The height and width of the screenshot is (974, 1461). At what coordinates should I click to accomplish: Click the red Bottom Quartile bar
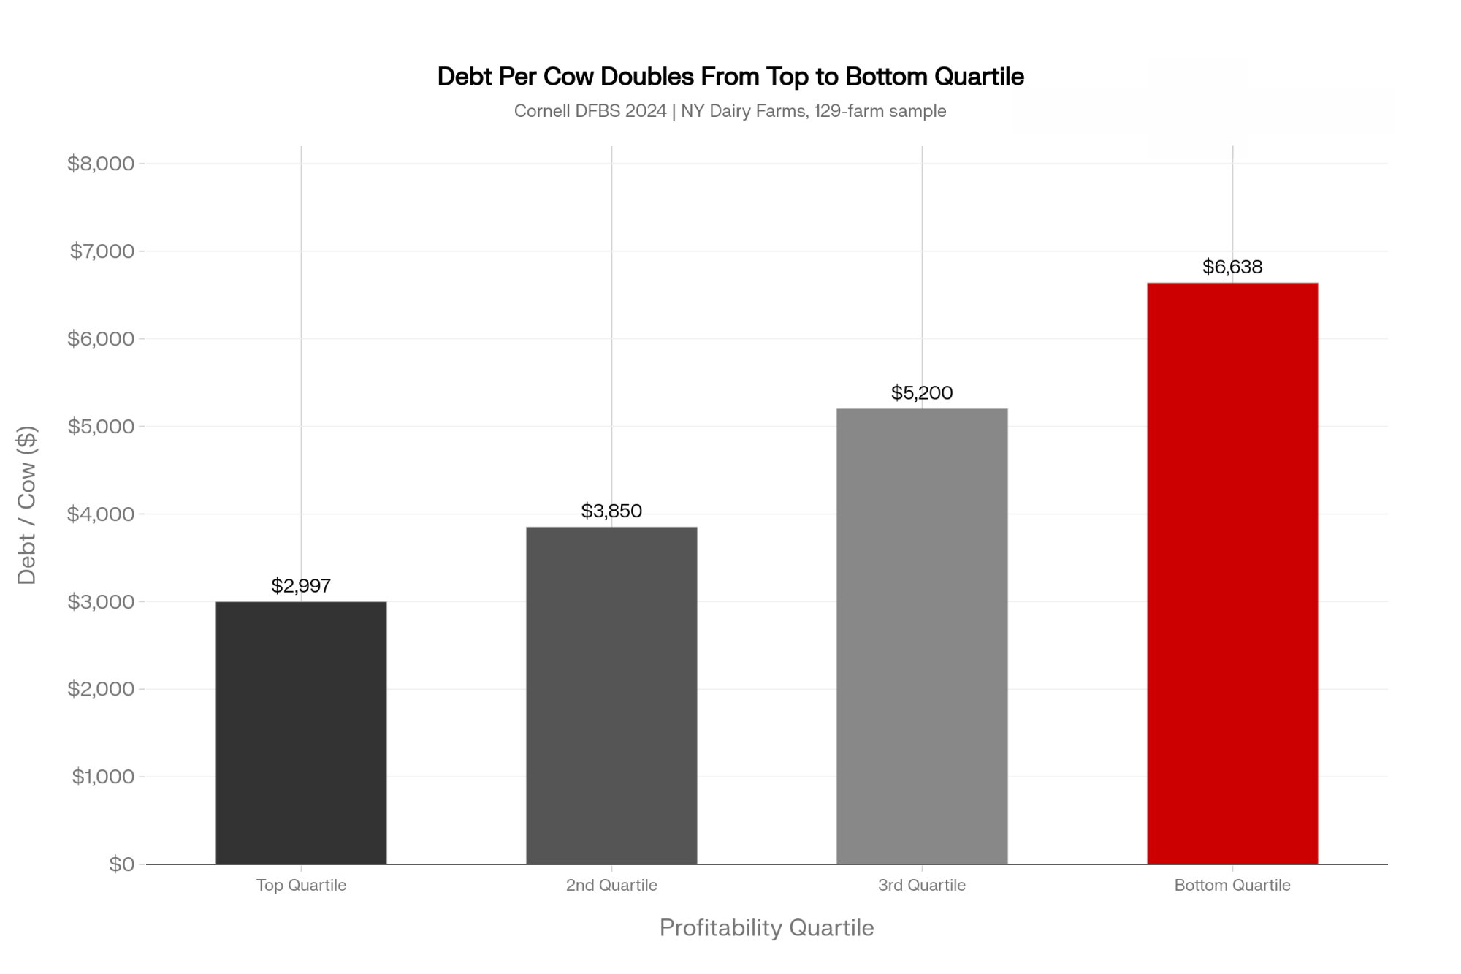[x=1232, y=574]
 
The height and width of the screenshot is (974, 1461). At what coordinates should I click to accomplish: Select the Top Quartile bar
[x=301, y=733]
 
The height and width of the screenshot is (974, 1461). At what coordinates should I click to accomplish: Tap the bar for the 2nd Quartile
[x=611, y=696]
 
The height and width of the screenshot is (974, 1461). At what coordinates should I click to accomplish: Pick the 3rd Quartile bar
[x=922, y=636]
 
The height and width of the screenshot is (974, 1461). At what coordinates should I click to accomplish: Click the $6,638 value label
[x=1232, y=267]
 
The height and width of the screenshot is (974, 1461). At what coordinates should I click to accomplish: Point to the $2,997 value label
[x=301, y=585]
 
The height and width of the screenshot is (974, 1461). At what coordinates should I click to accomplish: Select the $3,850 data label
[x=611, y=511]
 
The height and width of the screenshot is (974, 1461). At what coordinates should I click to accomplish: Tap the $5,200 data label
[x=922, y=393]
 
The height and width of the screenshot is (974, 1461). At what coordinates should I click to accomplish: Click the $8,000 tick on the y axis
[x=101, y=163]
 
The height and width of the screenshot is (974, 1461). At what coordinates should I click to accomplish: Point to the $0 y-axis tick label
[x=121, y=864]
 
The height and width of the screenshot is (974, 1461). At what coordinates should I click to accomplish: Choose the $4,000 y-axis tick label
[x=101, y=514]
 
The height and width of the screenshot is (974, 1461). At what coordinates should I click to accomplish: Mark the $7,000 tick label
[x=102, y=251]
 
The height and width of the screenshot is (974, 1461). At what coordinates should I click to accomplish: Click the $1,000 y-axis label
[x=103, y=776]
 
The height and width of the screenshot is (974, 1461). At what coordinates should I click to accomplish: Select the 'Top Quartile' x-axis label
[x=301, y=886]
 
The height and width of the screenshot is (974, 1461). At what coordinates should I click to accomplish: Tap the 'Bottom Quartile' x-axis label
[x=1232, y=886]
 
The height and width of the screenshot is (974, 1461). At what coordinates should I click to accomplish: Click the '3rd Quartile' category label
[x=922, y=886]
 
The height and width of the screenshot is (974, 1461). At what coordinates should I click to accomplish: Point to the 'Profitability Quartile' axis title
[x=766, y=928]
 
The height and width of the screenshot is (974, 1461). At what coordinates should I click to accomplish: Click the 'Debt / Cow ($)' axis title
[x=26, y=505]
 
